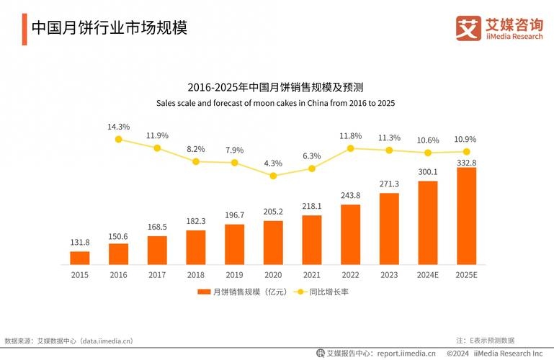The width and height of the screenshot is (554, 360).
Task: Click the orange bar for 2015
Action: tap(80, 258)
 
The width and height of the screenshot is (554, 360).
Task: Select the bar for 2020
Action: tap(273, 243)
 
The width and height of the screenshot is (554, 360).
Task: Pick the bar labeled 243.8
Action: tap(350, 235)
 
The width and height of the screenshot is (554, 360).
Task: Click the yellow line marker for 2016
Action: tap(119, 140)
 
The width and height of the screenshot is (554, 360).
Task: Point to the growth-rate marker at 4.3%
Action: tap(273, 175)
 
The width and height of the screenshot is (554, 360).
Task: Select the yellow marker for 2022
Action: tap(350, 148)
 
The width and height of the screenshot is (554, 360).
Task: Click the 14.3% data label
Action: tap(119, 127)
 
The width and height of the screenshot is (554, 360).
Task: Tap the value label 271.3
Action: tap(389, 184)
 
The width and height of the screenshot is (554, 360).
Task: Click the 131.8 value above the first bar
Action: tap(80, 243)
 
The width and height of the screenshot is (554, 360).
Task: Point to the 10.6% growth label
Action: tap(428, 140)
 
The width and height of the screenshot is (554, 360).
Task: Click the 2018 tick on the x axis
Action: tap(196, 275)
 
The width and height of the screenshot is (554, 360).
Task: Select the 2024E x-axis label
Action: tap(428, 275)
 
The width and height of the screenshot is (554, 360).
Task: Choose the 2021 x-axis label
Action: tap(312, 275)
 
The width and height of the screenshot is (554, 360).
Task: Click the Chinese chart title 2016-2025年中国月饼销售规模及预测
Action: tap(276, 87)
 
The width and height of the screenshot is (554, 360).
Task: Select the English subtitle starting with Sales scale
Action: tap(276, 103)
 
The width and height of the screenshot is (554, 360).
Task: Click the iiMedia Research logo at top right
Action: tap(499, 28)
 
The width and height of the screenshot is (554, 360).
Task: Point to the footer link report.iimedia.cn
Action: tap(397, 354)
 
